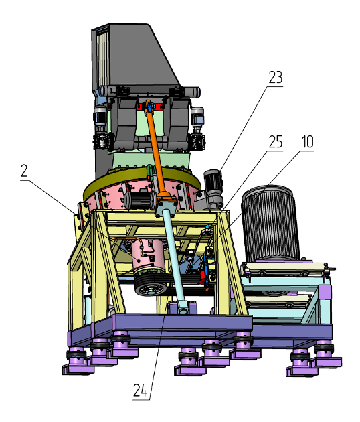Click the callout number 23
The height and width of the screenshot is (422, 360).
click(276, 78)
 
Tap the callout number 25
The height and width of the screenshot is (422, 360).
click(276, 142)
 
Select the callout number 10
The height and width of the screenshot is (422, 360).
click(307, 142)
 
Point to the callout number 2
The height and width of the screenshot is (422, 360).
click(24, 171)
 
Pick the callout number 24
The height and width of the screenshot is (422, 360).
click(141, 391)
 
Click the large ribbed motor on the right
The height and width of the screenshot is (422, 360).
click(270, 223)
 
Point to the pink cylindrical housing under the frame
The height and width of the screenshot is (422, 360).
click(147, 256)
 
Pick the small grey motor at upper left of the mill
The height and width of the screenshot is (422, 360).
click(100, 115)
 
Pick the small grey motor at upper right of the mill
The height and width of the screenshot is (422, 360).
click(197, 116)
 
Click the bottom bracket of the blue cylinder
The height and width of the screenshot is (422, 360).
click(182, 308)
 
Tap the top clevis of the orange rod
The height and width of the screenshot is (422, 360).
click(149, 106)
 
